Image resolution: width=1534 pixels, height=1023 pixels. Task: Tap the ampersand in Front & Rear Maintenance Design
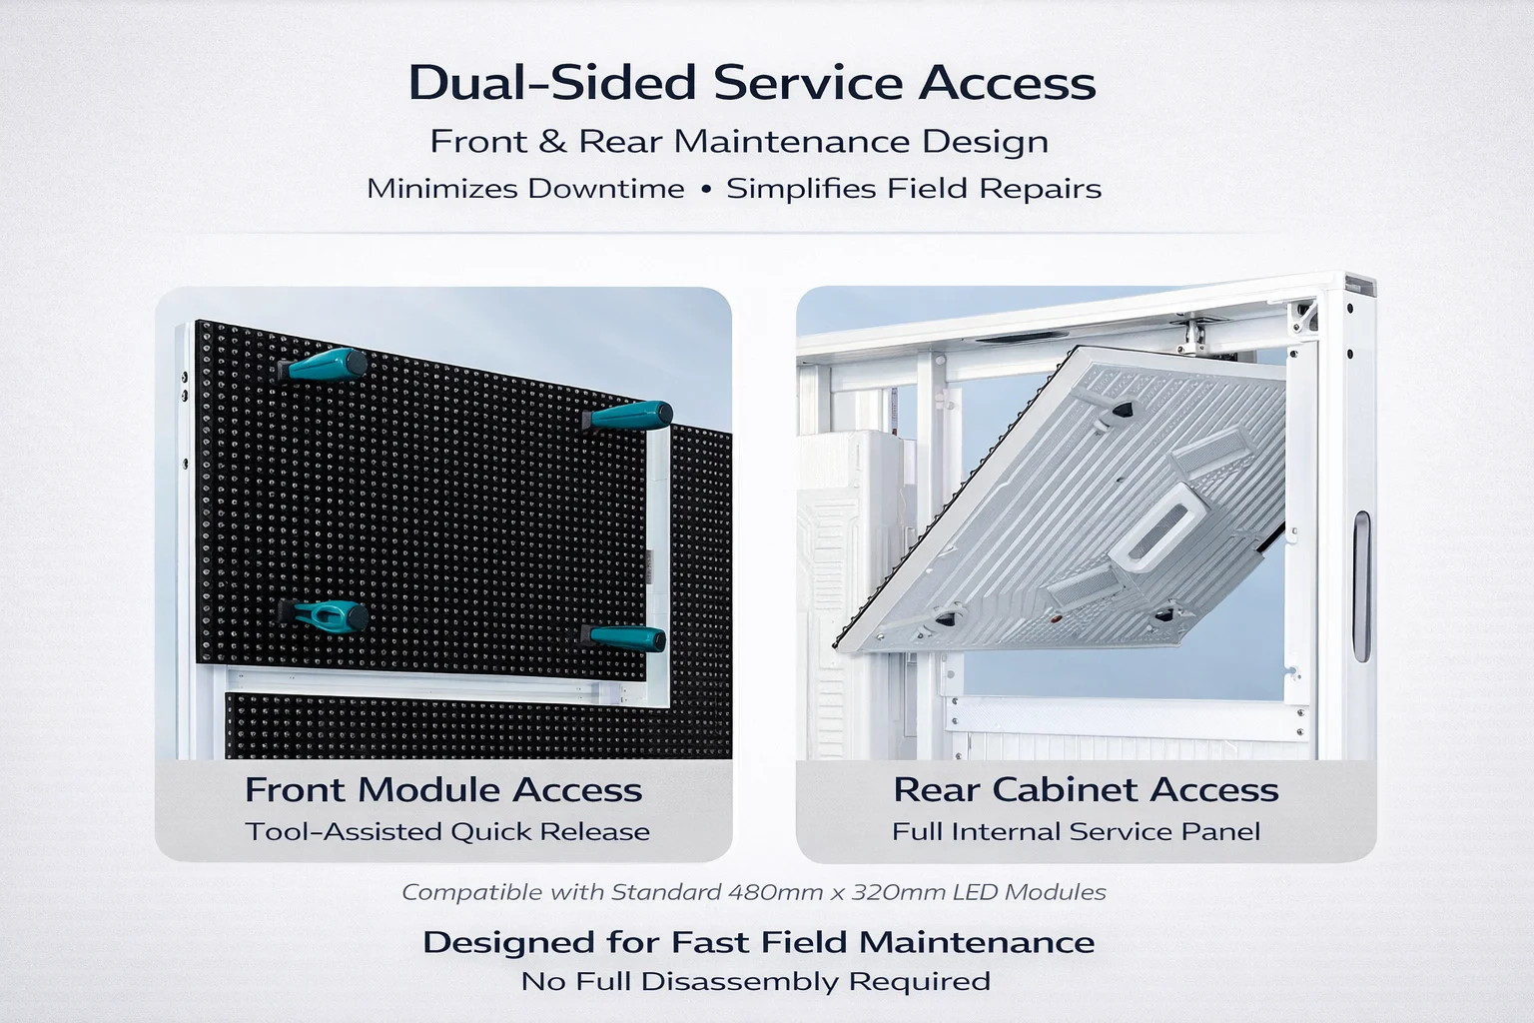[553, 141]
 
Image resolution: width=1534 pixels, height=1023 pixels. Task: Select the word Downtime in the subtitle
[606, 189]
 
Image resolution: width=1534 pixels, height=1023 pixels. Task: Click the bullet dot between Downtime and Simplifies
[706, 189]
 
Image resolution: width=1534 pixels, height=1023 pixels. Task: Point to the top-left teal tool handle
[323, 365]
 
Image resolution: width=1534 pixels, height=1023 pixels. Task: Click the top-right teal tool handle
[627, 416]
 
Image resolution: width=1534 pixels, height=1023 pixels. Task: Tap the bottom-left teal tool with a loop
[323, 615]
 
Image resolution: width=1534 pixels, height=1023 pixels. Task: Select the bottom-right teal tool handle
[624, 638]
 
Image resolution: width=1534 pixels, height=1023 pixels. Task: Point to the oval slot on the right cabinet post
[1362, 586]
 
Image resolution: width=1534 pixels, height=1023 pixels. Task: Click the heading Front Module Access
[443, 789]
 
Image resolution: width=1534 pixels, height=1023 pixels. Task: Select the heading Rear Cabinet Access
[1087, 789]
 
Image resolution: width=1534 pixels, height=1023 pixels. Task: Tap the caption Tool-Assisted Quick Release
[447, 832]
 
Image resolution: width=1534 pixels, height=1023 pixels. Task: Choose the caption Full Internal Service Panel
[1076, 832]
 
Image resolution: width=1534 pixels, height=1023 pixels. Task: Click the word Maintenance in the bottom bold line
[977, 943]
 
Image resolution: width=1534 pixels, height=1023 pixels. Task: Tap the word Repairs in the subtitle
[1041, 189]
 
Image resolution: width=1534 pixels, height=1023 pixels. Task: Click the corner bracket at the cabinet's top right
[1302, 318]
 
